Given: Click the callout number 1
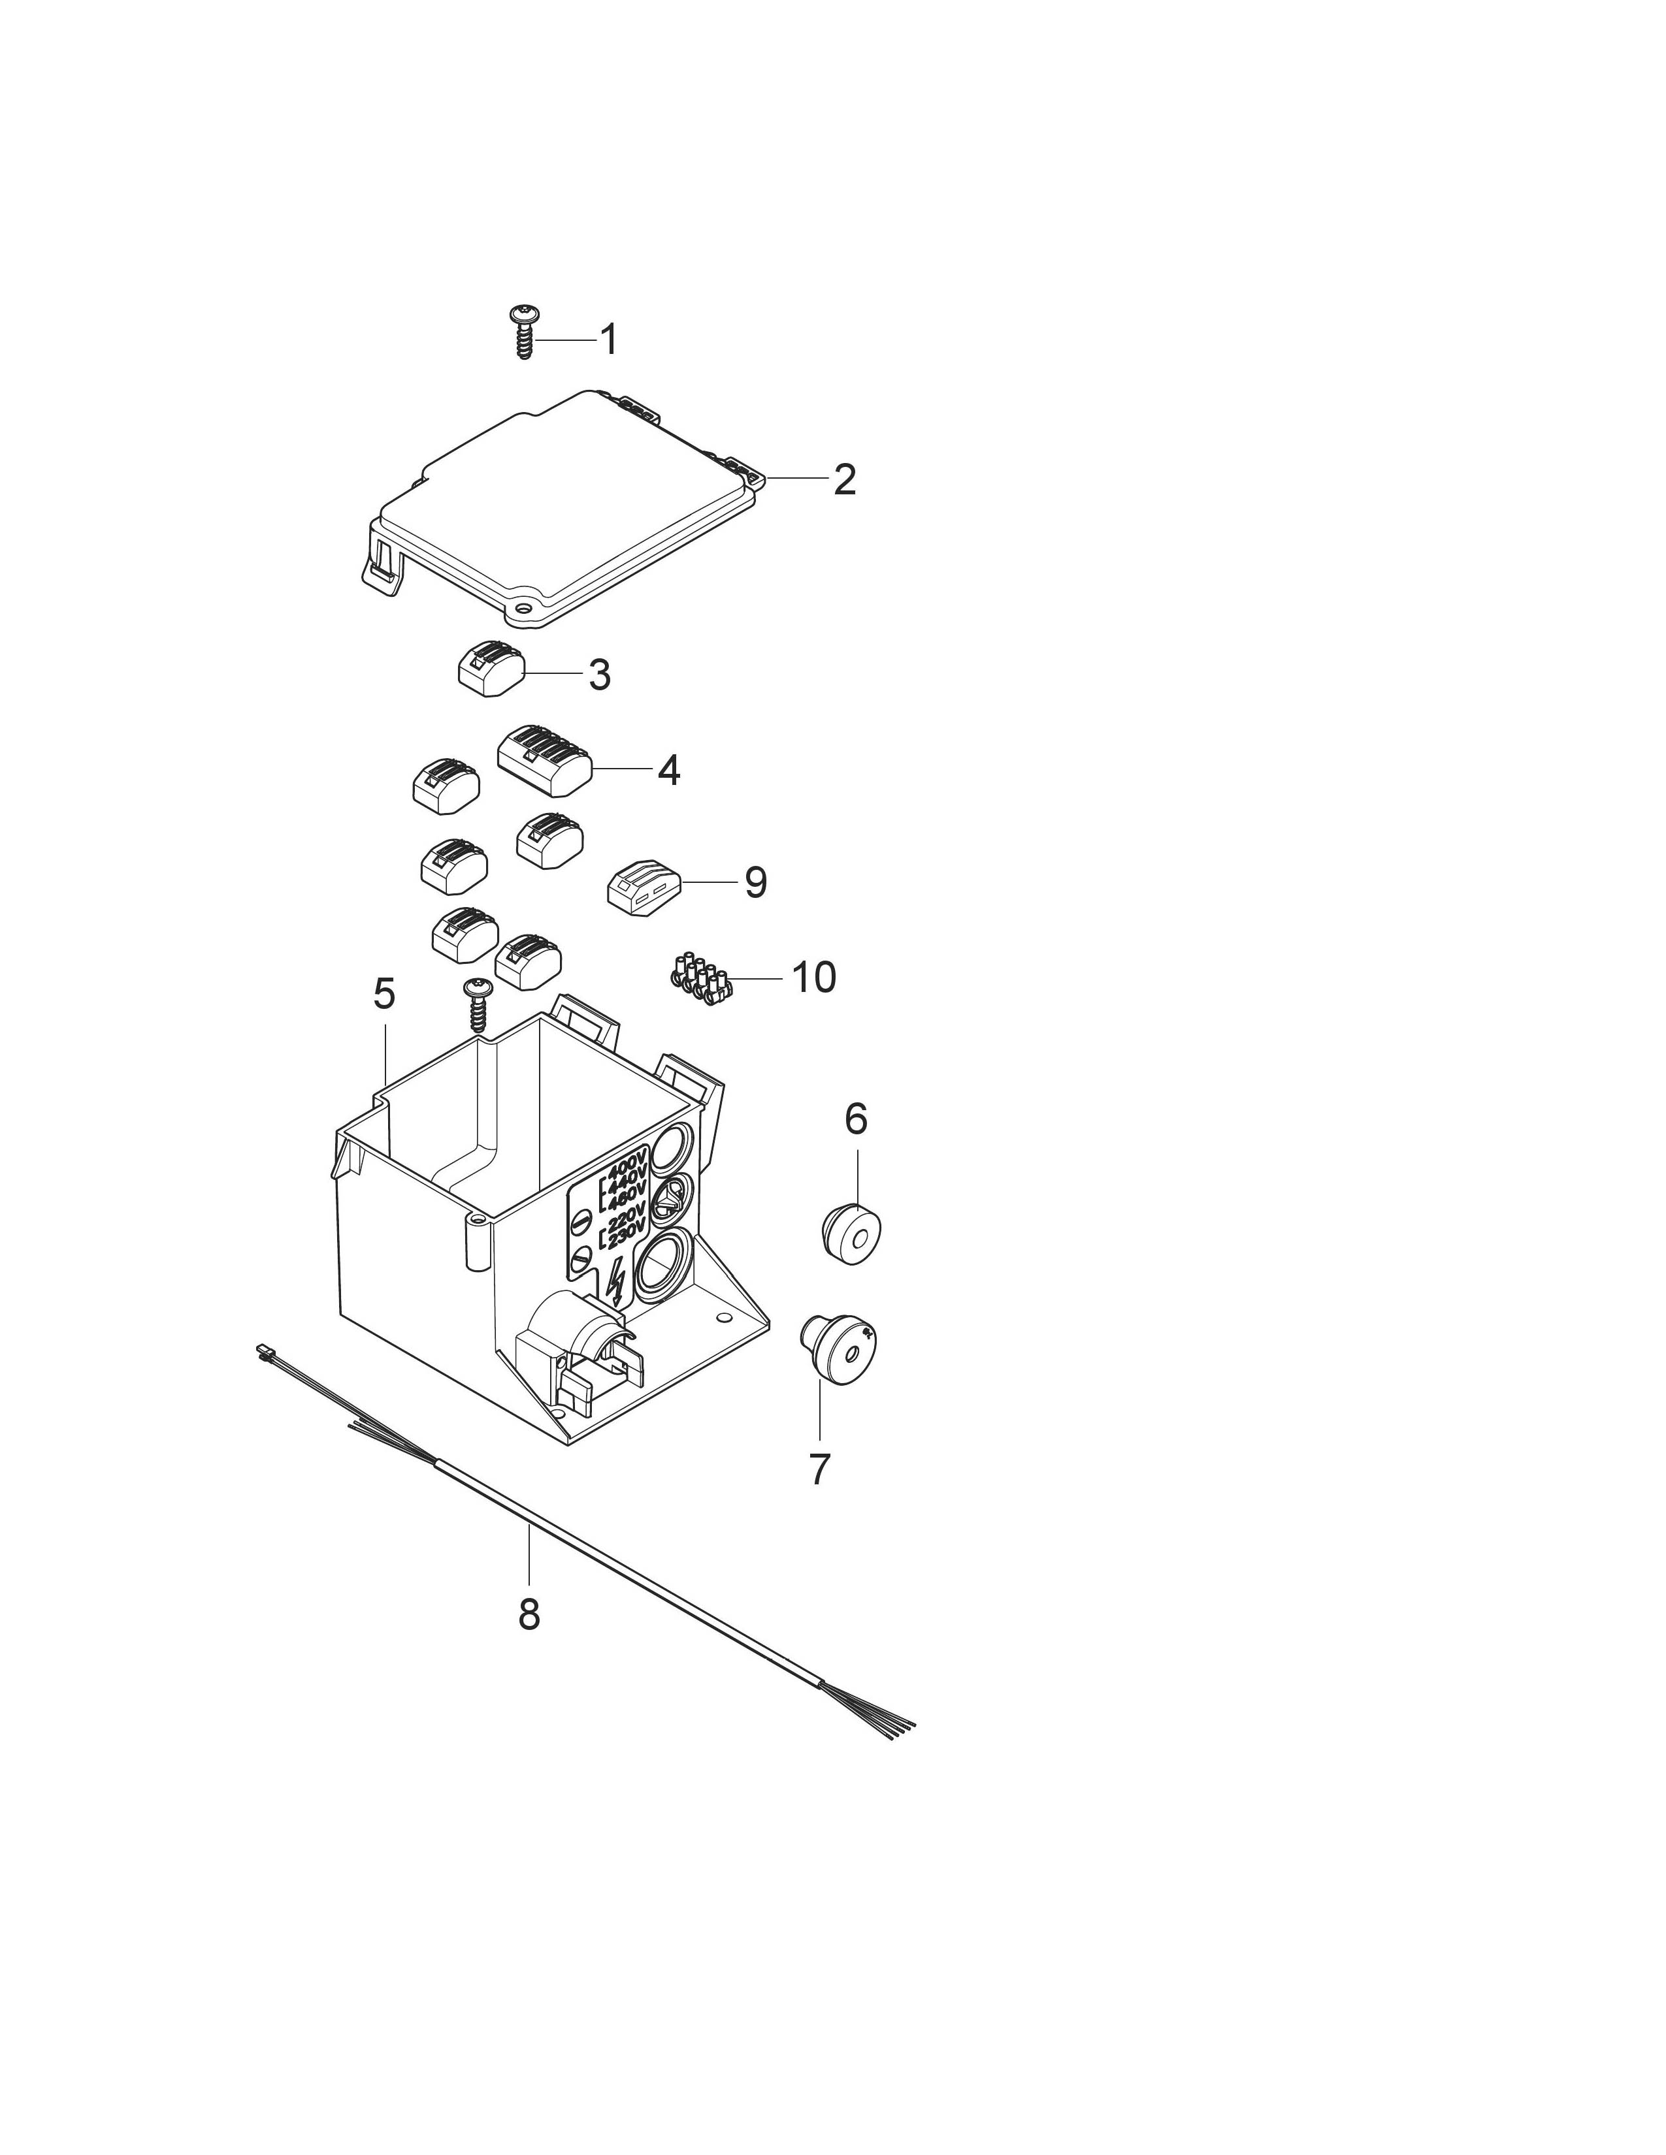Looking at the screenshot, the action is click(x=610, y=340).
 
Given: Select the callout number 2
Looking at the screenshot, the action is click(x=844, y=479).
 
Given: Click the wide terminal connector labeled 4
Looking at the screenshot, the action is click(x=544, y=761).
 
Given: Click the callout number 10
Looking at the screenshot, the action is click(x=814, y=977).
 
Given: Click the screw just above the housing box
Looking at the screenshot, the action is click(x=479, y=1004).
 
